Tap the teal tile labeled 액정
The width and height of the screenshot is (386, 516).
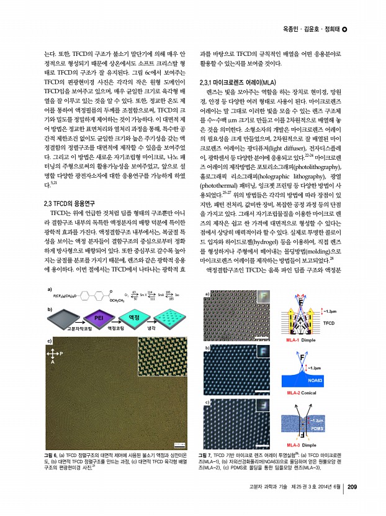[x=133, y=318]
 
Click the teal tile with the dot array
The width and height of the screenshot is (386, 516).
[x=168, y=318]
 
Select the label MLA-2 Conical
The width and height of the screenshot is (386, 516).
[x=300, y=394]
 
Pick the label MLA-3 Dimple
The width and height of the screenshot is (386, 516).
[x=301, y=446]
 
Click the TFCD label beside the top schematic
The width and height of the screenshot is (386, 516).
[x=329, y=323]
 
